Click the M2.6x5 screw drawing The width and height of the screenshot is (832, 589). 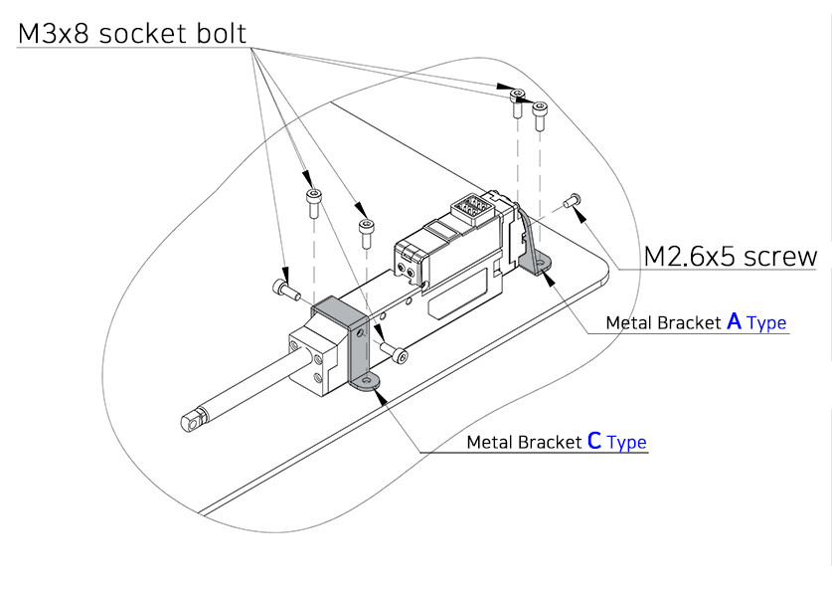pos(572,201)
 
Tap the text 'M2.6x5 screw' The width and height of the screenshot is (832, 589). pos(731,257)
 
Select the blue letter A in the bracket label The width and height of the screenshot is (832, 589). pos(735,321)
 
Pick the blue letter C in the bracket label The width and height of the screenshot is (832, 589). pos(594,441)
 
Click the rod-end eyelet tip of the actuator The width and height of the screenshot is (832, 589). pos(190,420)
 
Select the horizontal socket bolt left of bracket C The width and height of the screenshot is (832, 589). pos(285,290)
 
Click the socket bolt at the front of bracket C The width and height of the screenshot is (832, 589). pos(395,355)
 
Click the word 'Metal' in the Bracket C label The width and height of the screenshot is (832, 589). pos(490,443)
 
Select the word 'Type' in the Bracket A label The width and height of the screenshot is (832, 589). pos(766,323)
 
